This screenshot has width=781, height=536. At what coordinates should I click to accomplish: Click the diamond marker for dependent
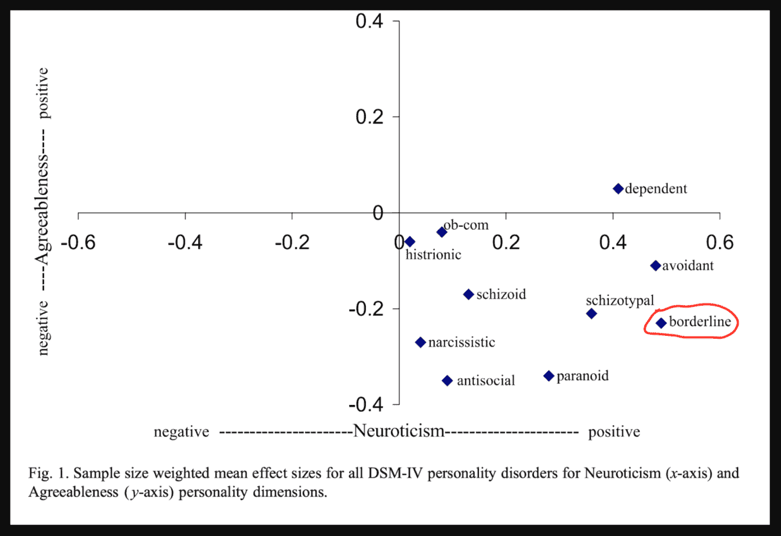point(618,189)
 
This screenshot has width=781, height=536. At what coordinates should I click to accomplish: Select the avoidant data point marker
point(655,266)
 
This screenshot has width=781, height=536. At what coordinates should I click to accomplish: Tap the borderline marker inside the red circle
point(661,323)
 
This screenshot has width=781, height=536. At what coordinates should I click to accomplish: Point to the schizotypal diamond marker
point(591,314)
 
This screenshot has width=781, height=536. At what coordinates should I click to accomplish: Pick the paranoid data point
point(548,376)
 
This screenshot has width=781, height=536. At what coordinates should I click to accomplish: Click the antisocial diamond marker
point(447,381)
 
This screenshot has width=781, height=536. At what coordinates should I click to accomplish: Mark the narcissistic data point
point(420,342)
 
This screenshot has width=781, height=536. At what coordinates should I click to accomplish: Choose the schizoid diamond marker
point(468,295)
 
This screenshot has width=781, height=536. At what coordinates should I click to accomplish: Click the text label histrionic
point(433,255)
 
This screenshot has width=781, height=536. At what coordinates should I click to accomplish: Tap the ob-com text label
point(466,224)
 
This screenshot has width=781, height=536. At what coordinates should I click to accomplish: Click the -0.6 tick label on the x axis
point(78,242)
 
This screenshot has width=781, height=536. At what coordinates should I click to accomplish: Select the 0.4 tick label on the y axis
point(369,21)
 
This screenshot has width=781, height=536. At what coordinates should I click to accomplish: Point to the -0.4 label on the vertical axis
point(366,404)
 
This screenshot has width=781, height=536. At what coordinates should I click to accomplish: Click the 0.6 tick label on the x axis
point(720,242)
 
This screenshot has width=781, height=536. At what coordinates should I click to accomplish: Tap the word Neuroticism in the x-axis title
point(399,431)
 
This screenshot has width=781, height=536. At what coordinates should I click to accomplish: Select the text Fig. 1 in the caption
point(48,473)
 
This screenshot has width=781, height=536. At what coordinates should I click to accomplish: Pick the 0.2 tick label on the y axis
point(369,117)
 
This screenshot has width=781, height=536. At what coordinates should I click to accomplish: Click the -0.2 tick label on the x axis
point(292,242)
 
